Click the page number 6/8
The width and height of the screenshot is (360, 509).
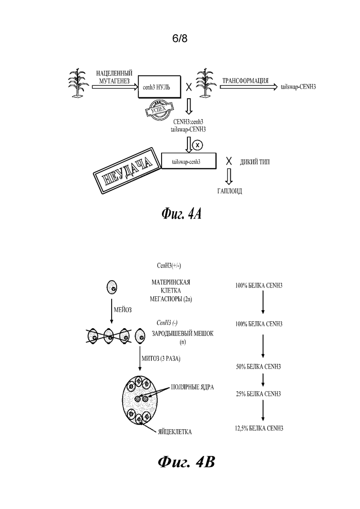coord(180,39)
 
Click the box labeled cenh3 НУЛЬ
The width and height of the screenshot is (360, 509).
coord(159,87)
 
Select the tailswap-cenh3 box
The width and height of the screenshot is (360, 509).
coord(189,161)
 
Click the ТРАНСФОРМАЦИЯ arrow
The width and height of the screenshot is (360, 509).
coord(249,87)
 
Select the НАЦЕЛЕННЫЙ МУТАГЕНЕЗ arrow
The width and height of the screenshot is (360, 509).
coord(115,87)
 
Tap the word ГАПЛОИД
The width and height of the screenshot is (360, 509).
coord(229,191)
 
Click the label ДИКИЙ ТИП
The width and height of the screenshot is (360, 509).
coord(254,162)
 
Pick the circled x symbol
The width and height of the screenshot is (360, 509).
coord(197,145)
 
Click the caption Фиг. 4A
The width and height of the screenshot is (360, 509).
coord(181,214)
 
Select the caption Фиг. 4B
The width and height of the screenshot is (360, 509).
coord(186,461)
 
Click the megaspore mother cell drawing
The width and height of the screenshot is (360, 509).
coord(112,287)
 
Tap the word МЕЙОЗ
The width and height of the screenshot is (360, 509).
coord(123,310)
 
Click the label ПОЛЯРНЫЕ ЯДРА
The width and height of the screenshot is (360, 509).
coord(192,387)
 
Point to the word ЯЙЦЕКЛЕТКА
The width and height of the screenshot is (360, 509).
coord(175,432)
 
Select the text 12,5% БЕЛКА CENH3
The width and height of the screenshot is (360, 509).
coord(259,428)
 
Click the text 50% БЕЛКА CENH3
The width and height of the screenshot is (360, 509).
coord(258,367)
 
